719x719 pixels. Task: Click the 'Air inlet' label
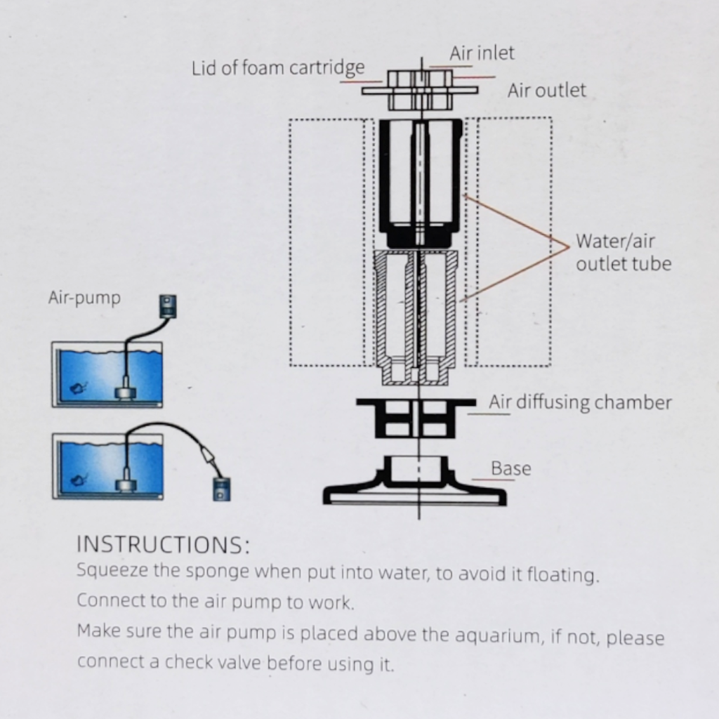482,53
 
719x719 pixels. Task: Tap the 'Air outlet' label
546,91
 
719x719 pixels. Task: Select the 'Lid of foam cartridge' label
278,69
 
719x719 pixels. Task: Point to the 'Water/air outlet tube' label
623,252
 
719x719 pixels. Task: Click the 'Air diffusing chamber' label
580,402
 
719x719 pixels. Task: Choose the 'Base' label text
510,468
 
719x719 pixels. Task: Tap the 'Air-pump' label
84,298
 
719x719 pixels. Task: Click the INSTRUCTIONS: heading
162,545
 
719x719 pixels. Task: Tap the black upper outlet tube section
420,183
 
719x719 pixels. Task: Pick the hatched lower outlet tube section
416,316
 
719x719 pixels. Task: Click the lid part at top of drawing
419,90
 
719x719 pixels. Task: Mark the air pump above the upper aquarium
167,306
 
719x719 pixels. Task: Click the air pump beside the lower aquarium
221,488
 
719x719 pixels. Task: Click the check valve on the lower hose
208,456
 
